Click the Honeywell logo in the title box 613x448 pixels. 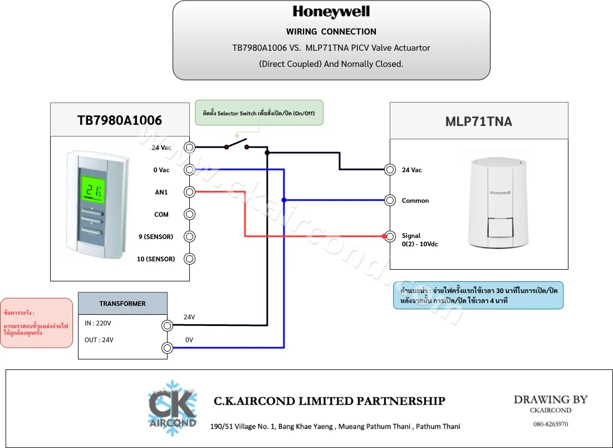click(x=331, y=12)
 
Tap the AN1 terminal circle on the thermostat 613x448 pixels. click(x=190, y=192)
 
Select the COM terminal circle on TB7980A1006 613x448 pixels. click(x=190, y=215)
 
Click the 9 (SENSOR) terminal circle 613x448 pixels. click(x=190, y=237)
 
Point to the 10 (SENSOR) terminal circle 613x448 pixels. click(x=190, y=259)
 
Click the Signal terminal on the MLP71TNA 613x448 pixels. click(x=390, y=236)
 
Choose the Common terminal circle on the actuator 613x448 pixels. click(x=390, y=201)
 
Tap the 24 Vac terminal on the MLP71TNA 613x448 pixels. click(x=390, y=169)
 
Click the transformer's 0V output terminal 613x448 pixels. click(x=168, y=348)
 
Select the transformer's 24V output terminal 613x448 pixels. click(x=168, y=325)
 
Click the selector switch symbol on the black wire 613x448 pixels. click(x=237, y=144)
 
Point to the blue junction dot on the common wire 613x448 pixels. click(x=284, y=201)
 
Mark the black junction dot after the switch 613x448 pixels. click(x=267, y=153)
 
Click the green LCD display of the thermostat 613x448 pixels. click(x=93, y=189)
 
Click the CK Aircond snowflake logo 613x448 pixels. click(x=173, y=408)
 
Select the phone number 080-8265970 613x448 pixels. click(x=551, y=424)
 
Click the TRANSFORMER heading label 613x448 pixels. click(x=122, y=304)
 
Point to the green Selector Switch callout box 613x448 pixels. click(x=259, y=113)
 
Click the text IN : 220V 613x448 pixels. click(x=98, y=323)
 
